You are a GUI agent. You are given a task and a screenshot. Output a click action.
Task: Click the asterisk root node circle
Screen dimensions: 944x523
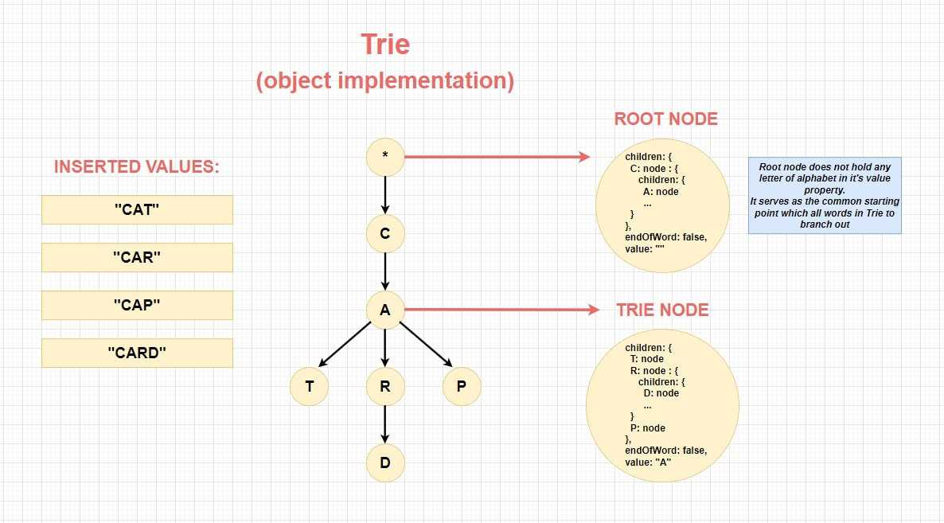point(385,157)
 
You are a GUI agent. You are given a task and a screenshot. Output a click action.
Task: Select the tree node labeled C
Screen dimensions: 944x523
point(385,233)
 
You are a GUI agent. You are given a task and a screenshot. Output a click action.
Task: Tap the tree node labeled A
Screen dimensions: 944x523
point(385,310)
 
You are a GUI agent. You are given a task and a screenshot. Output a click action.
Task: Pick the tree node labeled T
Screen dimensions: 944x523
point(310,386)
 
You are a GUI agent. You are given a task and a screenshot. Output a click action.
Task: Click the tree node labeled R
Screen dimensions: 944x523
point(385,386)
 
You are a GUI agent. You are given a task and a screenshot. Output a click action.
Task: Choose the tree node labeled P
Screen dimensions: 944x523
point(462,386)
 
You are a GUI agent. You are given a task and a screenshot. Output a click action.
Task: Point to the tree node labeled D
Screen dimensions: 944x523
point(385,463)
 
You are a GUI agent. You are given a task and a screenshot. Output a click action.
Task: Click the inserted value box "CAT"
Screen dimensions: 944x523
point(137,209)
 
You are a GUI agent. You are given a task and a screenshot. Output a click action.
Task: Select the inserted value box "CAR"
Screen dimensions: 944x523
point(137,258)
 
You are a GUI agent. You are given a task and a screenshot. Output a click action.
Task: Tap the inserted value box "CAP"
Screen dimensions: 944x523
point(137,305)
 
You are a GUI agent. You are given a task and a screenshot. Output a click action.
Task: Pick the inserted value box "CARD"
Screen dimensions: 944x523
point(137,353)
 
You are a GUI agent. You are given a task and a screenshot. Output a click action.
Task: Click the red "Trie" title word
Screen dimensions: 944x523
point(385,45)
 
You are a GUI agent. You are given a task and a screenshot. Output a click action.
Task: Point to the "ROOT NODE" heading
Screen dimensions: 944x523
point(666,119)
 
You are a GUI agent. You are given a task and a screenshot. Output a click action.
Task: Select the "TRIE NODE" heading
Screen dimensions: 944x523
point(662,310)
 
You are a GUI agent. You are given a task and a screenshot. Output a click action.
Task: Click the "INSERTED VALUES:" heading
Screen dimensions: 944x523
point(137,166)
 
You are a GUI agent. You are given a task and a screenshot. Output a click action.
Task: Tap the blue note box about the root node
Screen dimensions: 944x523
point(825,196)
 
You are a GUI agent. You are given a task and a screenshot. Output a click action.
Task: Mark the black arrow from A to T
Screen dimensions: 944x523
point(345,344)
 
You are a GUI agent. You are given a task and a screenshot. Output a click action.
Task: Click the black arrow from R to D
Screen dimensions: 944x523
point(385,424)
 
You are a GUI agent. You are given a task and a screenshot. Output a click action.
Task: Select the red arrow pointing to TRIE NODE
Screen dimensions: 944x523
point(502,310)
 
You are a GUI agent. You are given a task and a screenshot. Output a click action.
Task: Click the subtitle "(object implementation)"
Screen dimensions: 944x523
point(385,80)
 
